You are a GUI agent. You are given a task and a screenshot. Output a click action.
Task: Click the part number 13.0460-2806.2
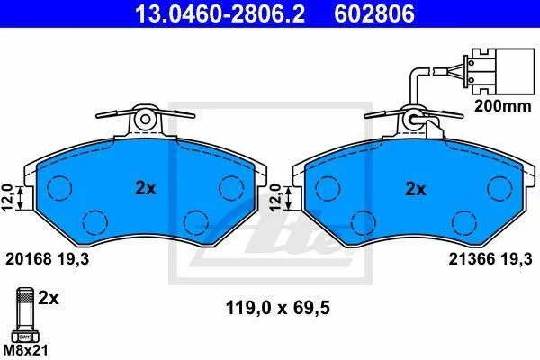pos(220,14)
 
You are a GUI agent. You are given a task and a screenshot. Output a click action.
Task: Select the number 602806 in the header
pos(374,14)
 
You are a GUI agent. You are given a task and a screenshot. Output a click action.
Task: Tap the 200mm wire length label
pos(503,106)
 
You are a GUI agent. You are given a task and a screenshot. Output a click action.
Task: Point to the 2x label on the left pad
pos(145,188)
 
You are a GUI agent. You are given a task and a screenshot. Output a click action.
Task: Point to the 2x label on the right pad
pos(416,189)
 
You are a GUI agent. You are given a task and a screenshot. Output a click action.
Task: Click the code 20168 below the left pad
pos(29,258)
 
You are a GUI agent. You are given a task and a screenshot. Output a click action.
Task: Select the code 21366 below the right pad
pos(472,258)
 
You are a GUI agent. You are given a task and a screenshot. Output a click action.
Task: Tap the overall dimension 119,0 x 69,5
pos(277,308)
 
